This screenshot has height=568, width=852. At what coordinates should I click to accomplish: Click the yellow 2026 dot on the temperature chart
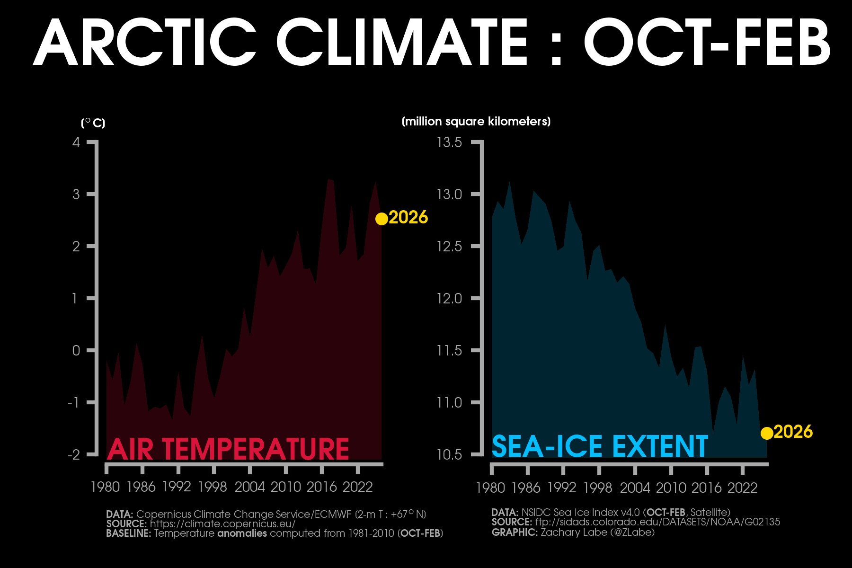click(x=382, y=219)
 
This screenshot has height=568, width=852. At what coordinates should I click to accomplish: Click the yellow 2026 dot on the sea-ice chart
click(x=767, y=433)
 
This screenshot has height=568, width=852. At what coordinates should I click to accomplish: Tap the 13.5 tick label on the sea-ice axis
click(x=449, y=142)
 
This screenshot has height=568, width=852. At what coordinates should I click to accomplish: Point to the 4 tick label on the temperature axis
click(x=76, y=142)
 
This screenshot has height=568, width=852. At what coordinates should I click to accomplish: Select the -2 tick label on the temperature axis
click(x=74, y=455)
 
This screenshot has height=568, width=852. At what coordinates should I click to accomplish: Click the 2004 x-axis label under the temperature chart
click(x=249, y=487)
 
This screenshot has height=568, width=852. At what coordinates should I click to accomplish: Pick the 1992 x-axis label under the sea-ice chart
click(x=562, y=488)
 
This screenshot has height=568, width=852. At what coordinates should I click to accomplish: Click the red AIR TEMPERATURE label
click(x=228, y=449)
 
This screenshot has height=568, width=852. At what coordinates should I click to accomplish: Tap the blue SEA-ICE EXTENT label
click(x=600, y=446)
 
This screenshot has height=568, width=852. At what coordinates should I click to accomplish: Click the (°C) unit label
click(x=93, y=123)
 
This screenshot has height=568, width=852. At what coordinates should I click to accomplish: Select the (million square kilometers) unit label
click(x=476, y=122)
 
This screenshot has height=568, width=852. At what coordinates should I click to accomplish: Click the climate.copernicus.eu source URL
click(x=222, y=524)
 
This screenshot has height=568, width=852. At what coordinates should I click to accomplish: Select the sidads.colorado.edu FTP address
click(x=657, y=522)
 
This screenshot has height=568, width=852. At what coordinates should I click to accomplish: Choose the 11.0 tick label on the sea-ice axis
click(x=449, y=403)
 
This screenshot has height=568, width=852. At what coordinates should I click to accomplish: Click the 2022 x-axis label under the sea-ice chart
click(x=742, y=488)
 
